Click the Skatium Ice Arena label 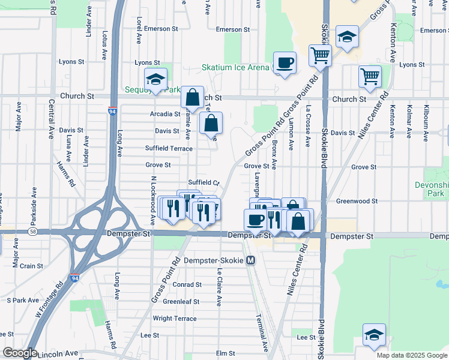coord(235,67)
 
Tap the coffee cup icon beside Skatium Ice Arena coord(285,62)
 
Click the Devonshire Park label coord(432,189)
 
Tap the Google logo coord(19,353)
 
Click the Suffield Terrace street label coord(169,148)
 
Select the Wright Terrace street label coord(175,319)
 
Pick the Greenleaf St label coord(182,302)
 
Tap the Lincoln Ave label coord(59,353)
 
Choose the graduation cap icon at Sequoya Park coord(155,79)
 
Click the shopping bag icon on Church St coord(192,97)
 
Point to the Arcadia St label coord(165,114)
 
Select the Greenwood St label coord(357,202)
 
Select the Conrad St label coord(187,285)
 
